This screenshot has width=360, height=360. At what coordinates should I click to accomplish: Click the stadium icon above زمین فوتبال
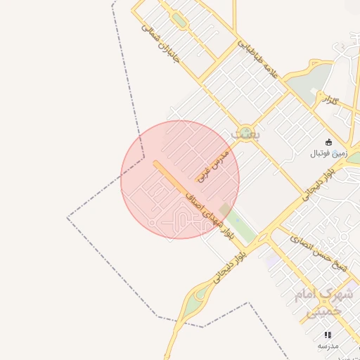[328, 141]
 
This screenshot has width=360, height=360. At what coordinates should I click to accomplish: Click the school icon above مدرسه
[328, 335]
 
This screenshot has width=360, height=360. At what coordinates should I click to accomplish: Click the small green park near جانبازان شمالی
[179, 21]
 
